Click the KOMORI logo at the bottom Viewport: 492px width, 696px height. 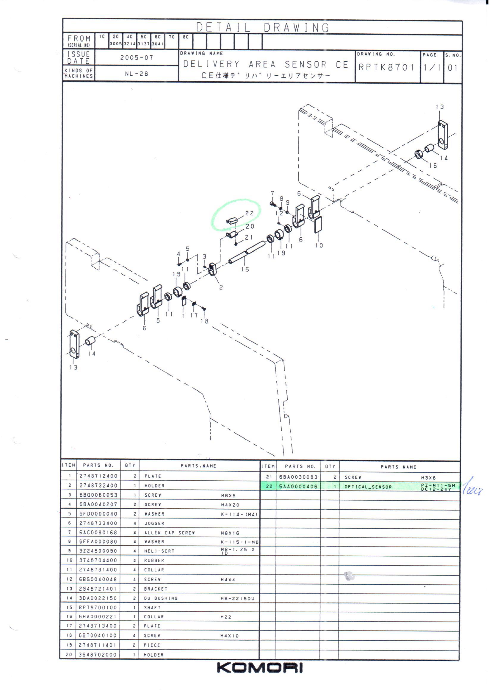click(x=260, y=667)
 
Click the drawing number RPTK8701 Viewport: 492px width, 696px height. click(x=386, y=67)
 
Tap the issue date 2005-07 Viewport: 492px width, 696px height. click(x=137, y=57)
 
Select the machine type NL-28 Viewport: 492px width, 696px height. click(x=137, y=74)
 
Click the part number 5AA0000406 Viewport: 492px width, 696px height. click(x=298, y=486)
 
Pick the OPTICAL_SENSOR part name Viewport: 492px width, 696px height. click(x=368, y=487)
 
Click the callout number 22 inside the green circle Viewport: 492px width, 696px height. click(x=249, y=213)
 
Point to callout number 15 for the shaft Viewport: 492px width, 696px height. click(x=245, y=269)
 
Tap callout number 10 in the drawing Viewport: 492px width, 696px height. click(x=319, y=245)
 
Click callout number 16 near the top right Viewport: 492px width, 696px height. click(x=433, y=166)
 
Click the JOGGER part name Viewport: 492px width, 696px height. click(x=154, y=524)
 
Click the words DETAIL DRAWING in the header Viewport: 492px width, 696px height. click(x=263, y=28)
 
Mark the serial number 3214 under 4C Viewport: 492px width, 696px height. click(x=130, y=44)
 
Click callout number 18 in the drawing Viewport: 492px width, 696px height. click(x=204, y=321)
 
